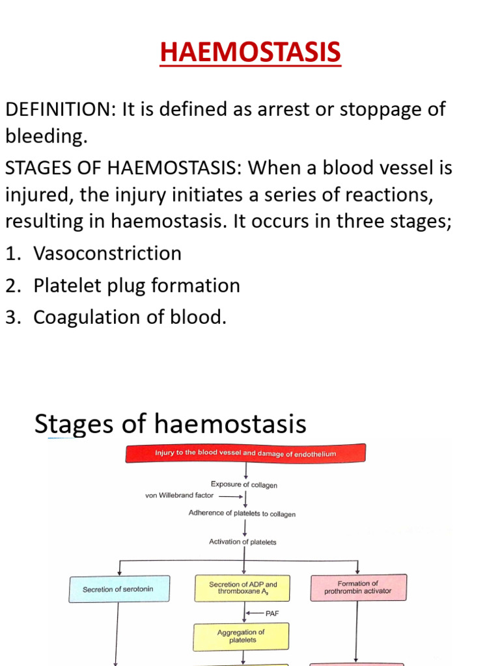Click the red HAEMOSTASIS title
click(250, 53)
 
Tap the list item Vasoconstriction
click(107, 253)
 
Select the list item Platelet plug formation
click(137, 285)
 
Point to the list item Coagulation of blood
click(130, 317)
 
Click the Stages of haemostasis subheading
click(170, 424)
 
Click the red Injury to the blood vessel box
click(245, 453)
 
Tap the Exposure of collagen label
click(244, 485)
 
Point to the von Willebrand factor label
click(179, 495)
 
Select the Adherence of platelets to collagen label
click(242, 513)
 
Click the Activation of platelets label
click(243, 542)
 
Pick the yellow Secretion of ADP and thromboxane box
click(243, 588)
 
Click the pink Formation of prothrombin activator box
click(358, 587)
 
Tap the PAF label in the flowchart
click(272, 613)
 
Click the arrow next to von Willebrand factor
click(230, 495)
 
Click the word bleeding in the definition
click(45, 137)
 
